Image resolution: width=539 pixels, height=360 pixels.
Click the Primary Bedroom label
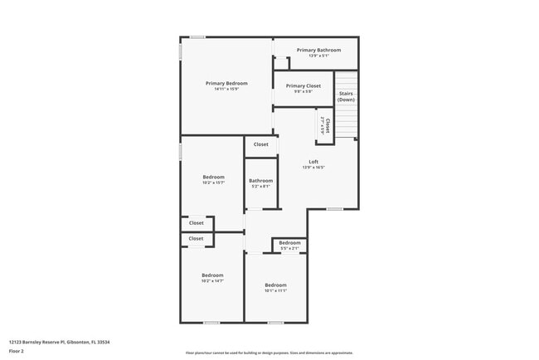click(x=227, y=83)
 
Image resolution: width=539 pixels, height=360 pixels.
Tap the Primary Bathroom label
click(x=318, y=50)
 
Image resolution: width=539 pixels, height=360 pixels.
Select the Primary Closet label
click(x=303, y=85)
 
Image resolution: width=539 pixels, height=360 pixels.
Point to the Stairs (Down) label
click(x=346, y=96)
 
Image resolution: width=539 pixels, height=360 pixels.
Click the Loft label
click(x=313, y=161)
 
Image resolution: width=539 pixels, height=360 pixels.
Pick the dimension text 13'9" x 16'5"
click(x=313, y=167)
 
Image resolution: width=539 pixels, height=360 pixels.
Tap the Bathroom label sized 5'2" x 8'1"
click(x=260, y=180)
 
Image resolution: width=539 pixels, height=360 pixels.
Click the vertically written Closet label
click(x=328, y=126)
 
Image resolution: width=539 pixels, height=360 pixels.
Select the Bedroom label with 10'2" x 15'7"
click(x=213, y=177)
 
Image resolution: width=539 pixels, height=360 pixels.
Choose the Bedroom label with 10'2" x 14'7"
click(x=212, y=275)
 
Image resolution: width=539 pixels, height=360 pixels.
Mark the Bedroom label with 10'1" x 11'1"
click(x=275, y=285)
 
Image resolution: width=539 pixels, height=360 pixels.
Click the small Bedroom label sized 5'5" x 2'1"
click(x=289, y=242)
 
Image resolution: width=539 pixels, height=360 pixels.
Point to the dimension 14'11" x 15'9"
click(x=227, y=89)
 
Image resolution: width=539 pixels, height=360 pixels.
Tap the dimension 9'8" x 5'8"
click(x=303, y=91)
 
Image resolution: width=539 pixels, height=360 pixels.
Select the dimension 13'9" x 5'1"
click(x=318, y=56)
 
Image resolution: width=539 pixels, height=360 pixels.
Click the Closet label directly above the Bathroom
click(x=260, y=144)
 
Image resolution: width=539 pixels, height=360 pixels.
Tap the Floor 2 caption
click(x=17, y=351)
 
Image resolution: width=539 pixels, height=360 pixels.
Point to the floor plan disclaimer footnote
click(x=269, y=353)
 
